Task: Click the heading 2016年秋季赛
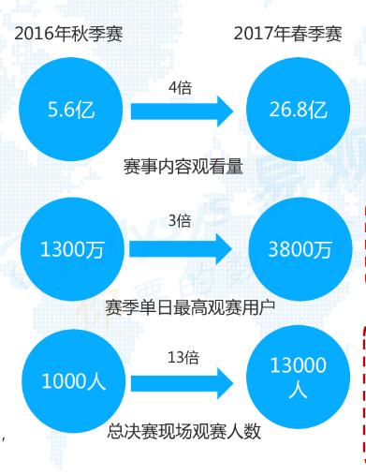[x=68, y=37]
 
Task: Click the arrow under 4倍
[x=181, y=111]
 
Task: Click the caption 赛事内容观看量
[x=183, y=167]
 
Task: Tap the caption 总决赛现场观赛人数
[x=183, y=433]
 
